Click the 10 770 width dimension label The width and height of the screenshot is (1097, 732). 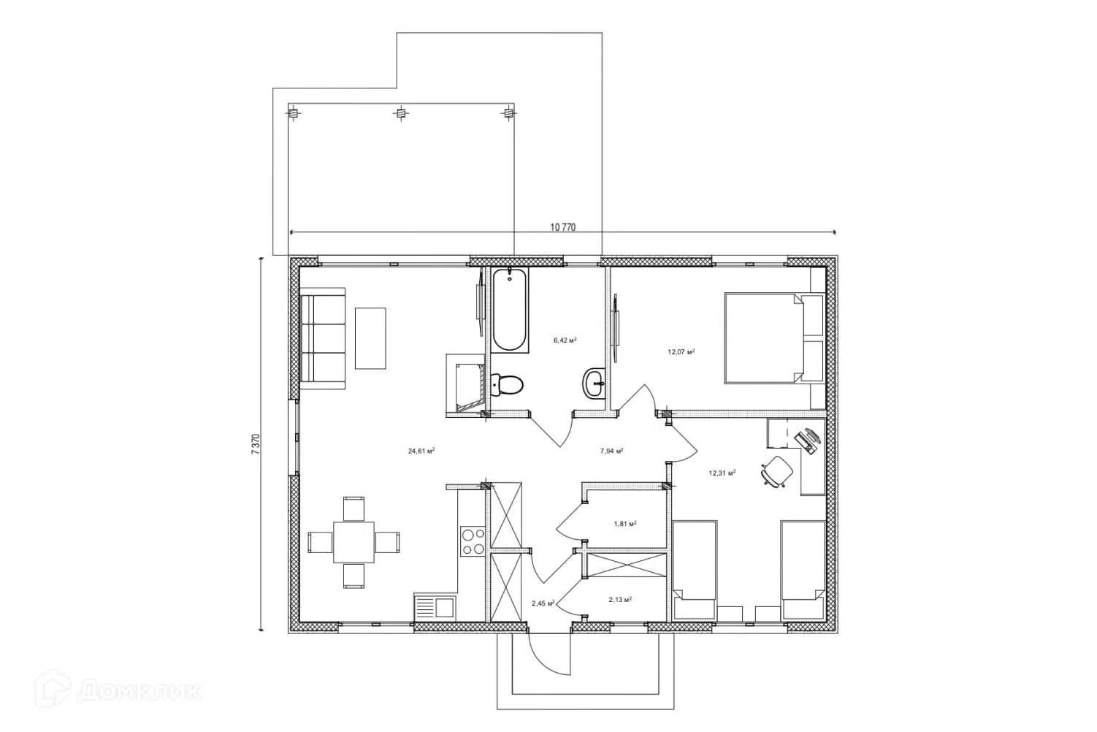click(x=562, y=227)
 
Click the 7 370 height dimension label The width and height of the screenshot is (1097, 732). click(x=256, y=444)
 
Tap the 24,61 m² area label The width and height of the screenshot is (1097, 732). click(x=421, y=451)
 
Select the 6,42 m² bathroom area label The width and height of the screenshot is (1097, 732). click(x=565, y=340)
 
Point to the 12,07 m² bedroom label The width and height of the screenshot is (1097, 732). click(x=681, y=351)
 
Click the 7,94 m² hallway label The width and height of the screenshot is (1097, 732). click(x=611, y=451)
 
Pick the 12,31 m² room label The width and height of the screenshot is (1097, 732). click(x=722, y=473)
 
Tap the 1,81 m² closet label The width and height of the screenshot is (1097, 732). click(x=625, y=523)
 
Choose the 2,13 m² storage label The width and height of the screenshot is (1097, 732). click(x=620, y=599)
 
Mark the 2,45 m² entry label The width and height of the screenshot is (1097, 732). click(x=543, y=603)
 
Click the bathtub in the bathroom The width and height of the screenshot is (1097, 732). click(x=509, y=310)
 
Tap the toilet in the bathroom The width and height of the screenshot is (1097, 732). click(x=507, y=384)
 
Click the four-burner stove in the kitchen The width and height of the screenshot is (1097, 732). click(x=473, y=541)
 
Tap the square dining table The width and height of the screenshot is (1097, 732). click(x=353, y=542)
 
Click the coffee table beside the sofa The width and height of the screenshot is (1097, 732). click(x=370, y=338)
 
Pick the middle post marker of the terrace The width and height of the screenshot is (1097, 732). click(x=401, y=114)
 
